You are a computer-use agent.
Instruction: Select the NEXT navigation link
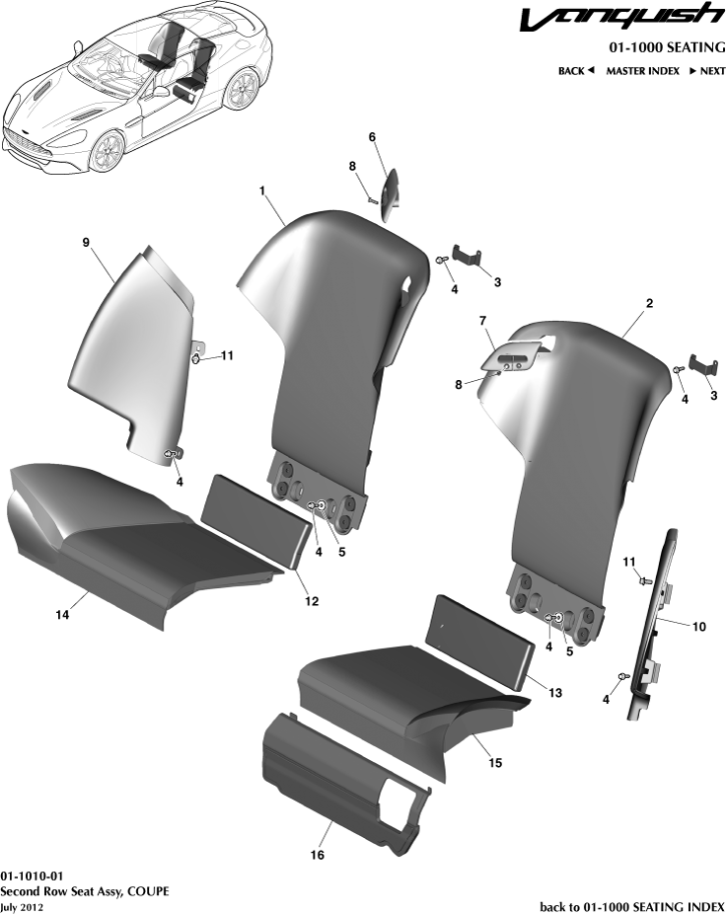[707, 71]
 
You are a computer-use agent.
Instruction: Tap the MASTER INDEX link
[642, 71]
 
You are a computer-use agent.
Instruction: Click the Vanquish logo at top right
[633, 19]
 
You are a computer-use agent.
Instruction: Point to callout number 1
[263, 188]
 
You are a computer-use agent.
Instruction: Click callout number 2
[649, 305]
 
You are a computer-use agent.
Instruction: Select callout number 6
[372, 137]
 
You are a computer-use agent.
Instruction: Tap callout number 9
[86, 241]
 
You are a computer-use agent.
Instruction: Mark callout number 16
[318, 855]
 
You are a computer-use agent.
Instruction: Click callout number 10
[699, 626]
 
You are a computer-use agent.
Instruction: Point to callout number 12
[312, 600]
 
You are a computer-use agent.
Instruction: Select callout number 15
[496, 763]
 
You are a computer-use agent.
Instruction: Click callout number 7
[483, 323]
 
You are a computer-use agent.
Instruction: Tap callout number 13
[555, 693]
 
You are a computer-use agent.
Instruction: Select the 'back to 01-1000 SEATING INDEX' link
[632, 906]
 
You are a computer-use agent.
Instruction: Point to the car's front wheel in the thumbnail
[107, 152]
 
